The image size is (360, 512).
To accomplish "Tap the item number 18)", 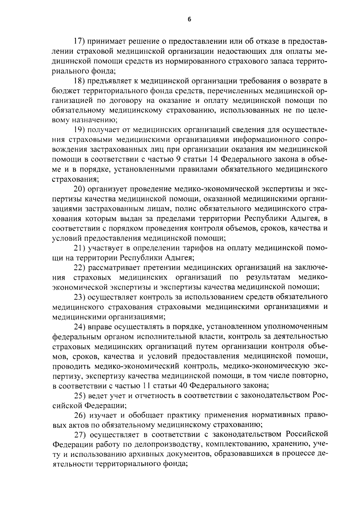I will tap(80, 81).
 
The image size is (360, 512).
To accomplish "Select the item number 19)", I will tap(80, 130).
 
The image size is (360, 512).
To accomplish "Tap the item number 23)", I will tap(80, 297).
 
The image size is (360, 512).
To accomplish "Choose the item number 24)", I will tap(80, 326).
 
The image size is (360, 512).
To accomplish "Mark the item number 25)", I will tap(80, 395).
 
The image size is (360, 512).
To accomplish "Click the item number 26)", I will tap(80, 415).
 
